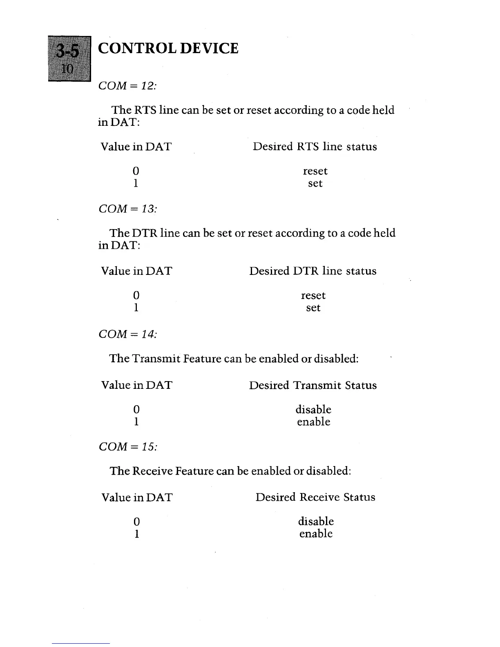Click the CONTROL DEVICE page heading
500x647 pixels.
click(x=168, y=49)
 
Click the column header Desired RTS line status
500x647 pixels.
click(x=315, y=147)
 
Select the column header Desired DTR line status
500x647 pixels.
click(x=312, y=271)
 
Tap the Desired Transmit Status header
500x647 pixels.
click(x=312, y=385)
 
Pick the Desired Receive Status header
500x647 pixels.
click(x=315, y=497)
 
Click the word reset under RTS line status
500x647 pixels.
click(x=315, y=171)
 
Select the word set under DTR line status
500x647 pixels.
click(x=313, y=308)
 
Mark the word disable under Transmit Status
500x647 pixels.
click(x=313, y=409)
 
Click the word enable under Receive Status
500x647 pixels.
click(x=316, y=534)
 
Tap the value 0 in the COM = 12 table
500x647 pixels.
click(x=136, y=171)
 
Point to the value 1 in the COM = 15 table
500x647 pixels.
click(x=136, y=534)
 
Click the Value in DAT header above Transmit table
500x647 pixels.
click(x=136, y=385)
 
